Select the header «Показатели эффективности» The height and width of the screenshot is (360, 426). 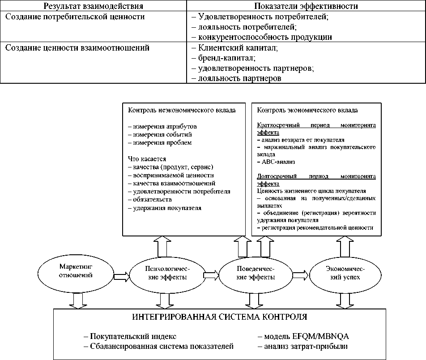[x=306, y=6]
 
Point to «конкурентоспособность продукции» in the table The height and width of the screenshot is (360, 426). [x=261, y=37]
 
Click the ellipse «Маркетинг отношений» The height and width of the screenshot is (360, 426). [x=76, y=271]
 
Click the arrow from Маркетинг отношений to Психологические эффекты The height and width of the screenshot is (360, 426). [x=121, y=276]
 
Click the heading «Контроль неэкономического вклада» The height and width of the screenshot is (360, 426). [x=182, y=110]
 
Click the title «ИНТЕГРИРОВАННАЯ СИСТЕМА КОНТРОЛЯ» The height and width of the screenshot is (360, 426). [x=220, y=317]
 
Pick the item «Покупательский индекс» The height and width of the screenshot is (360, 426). [x=130, y=336]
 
